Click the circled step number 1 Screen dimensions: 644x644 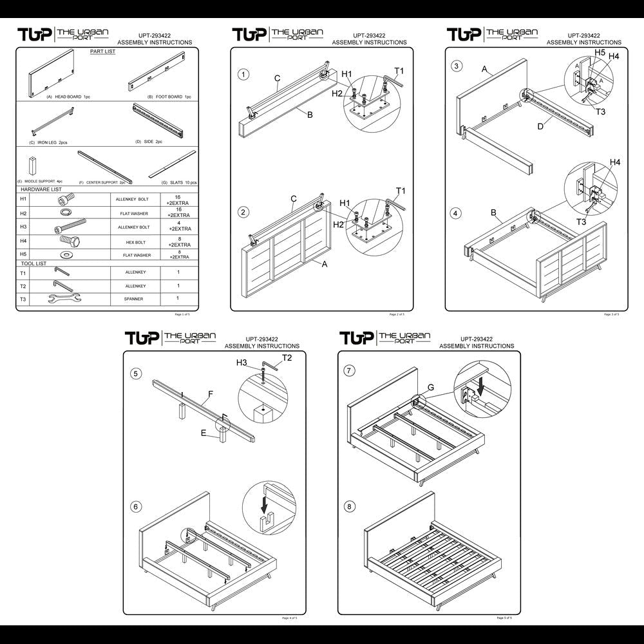(243, 75)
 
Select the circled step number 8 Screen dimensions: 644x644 (350, 507)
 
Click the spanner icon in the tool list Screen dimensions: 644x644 (63, 298)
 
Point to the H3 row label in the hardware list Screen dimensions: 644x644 (23, 227)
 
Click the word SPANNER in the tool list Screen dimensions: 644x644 (134, 299)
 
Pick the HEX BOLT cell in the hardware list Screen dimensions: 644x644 (134, 241)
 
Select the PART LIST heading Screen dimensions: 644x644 (102, 52)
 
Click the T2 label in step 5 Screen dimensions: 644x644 (287, 357)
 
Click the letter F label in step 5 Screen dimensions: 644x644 (210, 392)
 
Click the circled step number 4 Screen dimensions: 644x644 (457, 213)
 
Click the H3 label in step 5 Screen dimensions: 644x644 (241, 363)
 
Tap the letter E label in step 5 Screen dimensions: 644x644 (203, 433)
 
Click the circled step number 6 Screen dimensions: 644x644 (135, 507)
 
